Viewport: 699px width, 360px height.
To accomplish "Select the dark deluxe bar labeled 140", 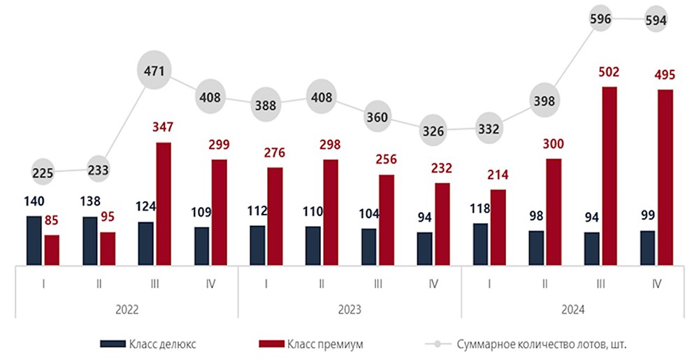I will pos(34,240).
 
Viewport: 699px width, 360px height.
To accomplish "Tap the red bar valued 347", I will pos(163,203).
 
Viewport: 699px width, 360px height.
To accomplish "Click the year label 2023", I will pos(349,309).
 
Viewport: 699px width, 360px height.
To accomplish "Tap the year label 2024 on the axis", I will pos(572,309).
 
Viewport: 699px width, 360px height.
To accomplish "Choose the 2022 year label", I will pos(127,309).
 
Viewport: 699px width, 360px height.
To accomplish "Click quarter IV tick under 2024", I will pos(656,283).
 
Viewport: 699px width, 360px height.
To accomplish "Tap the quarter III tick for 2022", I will pos(154,283).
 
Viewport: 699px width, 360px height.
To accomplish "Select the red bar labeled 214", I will pos(498,227).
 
